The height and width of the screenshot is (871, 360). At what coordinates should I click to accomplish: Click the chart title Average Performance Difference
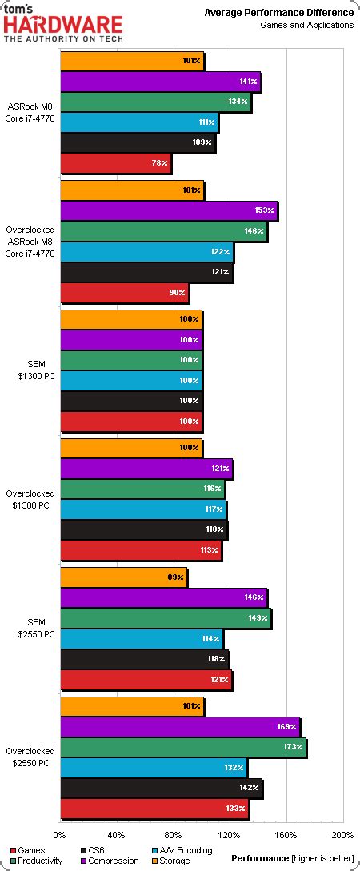(x=278, y=13)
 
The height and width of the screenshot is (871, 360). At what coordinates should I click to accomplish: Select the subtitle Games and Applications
(x=306, y=26)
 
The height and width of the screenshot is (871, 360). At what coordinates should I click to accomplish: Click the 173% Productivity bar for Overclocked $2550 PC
(x=182, y=747)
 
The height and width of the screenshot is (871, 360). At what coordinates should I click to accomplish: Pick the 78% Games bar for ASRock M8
(x=115, y=163)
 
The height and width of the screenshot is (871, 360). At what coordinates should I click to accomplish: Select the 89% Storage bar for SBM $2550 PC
(x=123, y=577)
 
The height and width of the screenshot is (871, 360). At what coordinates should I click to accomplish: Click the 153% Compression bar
(x=168, y=211)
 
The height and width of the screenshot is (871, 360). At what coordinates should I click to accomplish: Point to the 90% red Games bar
(x=124, y=293)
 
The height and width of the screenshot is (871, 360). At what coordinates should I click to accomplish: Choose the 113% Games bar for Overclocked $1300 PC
(x=140, y=550)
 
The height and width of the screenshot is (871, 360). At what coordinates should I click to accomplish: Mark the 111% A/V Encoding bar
(x=138, y=122)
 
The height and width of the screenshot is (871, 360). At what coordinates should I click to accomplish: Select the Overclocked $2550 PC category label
(x=30, y=757)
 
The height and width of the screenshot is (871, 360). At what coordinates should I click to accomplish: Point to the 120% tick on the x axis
(x=230, y=835)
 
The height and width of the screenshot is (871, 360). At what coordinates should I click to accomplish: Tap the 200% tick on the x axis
(x=342, y=835)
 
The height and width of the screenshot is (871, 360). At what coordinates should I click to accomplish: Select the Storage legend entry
(x=170, y=861)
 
